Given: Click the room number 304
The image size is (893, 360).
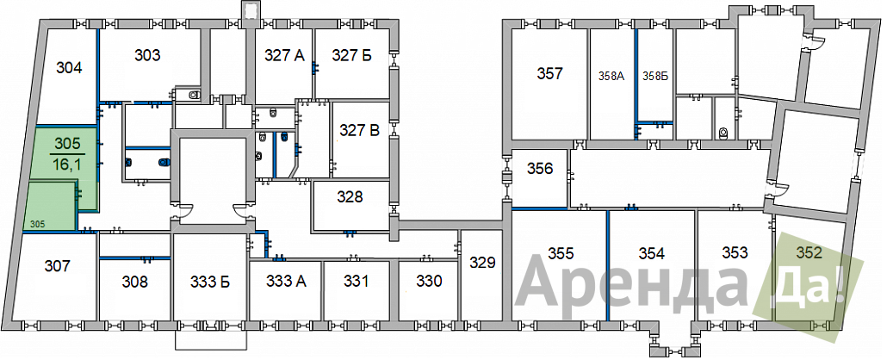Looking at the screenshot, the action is tap(69, 68).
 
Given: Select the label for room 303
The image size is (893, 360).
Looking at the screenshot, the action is tap(147, 55).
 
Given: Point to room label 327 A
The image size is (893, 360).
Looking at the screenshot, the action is tap(285, 55).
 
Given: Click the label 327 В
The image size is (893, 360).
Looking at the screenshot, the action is tap(359, 130).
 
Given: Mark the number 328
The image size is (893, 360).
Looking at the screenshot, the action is tap(350, 196).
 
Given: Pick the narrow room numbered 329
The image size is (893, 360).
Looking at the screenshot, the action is tap(482, 262).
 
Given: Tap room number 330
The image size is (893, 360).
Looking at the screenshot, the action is tap(429, 281).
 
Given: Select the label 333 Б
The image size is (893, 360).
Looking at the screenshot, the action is tap(210, 282).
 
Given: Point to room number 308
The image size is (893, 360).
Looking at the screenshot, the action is tap(135, 282).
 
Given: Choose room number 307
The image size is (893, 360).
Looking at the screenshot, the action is tap(58, 265).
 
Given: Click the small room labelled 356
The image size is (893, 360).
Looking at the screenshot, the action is tap(539, 169).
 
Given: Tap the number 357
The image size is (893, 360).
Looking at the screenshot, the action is tap(549, 73).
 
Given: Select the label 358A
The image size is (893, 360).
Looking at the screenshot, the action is tap(612, 76).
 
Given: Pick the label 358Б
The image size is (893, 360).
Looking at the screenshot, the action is tap(655, 76).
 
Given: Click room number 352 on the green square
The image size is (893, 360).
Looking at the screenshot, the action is tap(809, 252).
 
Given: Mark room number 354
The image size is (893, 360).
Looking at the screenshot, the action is tap(652, 253).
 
